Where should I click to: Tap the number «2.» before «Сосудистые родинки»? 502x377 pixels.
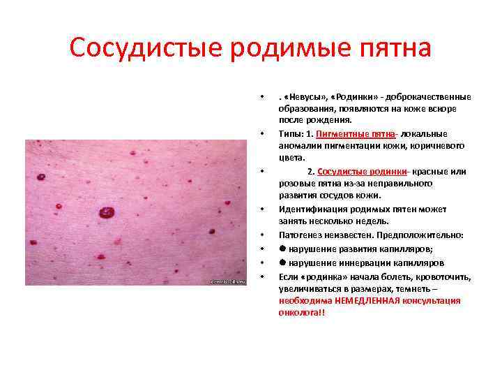(312, 172)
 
